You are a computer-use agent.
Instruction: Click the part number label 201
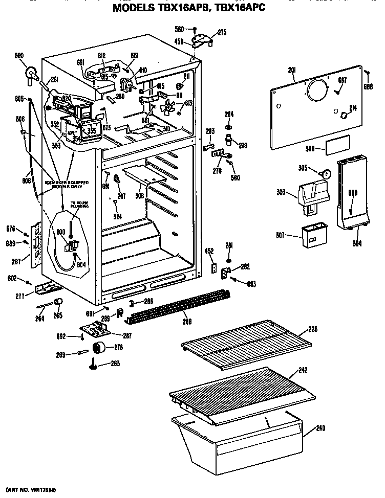292,70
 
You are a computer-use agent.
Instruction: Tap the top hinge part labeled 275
201,40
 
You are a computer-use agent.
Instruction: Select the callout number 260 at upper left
19,56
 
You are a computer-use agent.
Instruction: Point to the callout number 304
356,243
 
